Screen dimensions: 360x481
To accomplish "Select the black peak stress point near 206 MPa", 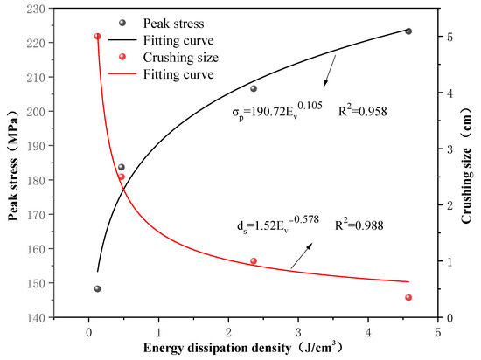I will pyautogui.click(x=254, y=88).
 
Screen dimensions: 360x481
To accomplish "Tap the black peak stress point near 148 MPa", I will pyautogui.click(x=97, y=288).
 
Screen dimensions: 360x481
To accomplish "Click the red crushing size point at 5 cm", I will pyautogui.click(x=97, y=37).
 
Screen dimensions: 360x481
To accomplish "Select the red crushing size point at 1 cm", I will pyautogui.click(x=254, y=261).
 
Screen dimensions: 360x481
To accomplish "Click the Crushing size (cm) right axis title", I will pyautogui.click(x=471, y=163).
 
